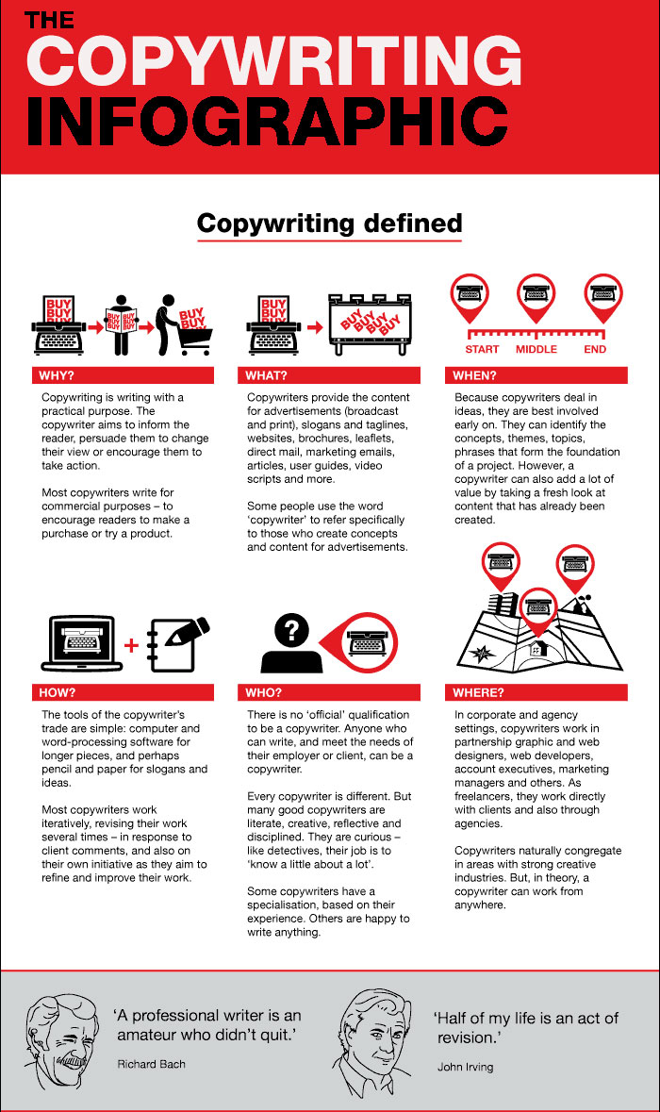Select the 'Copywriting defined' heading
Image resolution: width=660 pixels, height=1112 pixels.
click(x=329, y=224)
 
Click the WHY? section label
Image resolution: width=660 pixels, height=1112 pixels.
click(x=56, y=375)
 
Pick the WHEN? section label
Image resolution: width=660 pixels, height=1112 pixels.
click(x=474, y=375)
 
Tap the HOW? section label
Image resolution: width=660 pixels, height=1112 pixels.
click(x=56, y=692)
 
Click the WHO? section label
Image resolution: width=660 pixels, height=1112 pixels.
click(x=264, y=692)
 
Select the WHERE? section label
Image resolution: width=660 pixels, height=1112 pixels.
click(x=478, y=692)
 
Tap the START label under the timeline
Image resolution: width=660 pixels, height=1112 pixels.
click(x=482, y=350)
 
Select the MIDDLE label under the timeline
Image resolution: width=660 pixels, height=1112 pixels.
click(x=536, y=350)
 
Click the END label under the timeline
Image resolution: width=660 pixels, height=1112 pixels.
click(x=595, y=350)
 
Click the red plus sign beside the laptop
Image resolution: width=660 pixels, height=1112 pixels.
click(x=131, y=646)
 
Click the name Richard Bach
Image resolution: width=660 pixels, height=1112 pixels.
click(x=151, y=1064)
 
